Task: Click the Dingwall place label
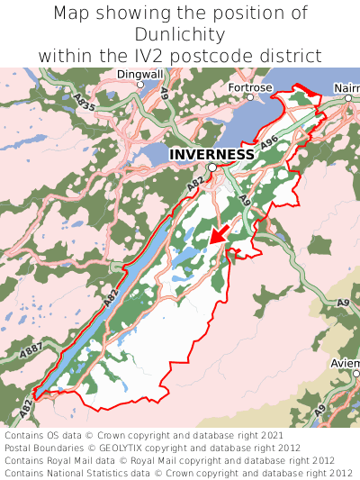coord(139,74)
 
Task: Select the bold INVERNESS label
coord(211,154)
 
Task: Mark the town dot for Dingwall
coord(139,85)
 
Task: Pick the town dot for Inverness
coord(211,168)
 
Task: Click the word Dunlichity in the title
coord(180,34)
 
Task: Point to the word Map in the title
coord(74,14)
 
